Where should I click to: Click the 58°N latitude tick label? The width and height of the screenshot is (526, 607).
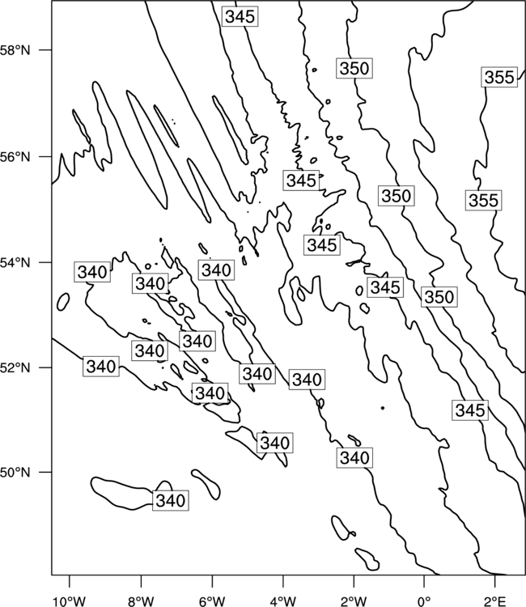point(15,50)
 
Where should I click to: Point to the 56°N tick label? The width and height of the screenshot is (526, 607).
point(15,157)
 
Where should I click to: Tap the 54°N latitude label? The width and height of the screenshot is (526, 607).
point(15,263)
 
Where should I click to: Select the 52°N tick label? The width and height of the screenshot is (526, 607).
point(15,367)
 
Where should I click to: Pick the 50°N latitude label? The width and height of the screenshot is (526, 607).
point(15,473)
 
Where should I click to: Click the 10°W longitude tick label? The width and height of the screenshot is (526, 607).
point(70,601)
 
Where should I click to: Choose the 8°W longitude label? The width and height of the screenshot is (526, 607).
point(141,601)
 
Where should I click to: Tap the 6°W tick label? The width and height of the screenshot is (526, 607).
point(212,601)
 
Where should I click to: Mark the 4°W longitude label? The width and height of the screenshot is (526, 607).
point(283,601)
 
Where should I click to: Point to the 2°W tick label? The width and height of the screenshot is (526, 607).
point(354,601)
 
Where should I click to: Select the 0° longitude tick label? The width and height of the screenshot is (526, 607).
point(424,601)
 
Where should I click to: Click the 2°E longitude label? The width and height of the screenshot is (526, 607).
point(495,601)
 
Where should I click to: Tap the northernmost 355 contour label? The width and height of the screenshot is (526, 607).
point(499,78)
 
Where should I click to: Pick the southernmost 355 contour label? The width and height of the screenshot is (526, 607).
point(483,201)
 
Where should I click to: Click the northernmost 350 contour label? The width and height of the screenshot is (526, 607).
point(354,69)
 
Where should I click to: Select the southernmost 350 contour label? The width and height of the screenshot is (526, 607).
point(439,297)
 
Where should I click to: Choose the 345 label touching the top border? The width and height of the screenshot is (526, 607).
point(240,17)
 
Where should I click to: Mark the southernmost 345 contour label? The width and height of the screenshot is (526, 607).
point(470,410)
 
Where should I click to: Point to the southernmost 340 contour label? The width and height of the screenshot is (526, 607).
point(170,500)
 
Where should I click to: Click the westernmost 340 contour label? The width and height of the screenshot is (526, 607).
point(92,272)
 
